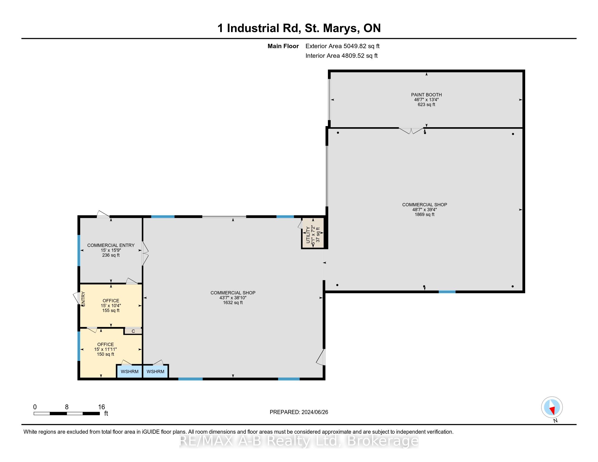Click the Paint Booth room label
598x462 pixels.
click(x=426, y=95)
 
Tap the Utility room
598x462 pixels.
click(x=313, y=233)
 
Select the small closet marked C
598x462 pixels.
click(x=133, y=331)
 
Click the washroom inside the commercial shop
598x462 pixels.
click(x=155, y=372)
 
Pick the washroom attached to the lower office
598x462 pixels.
click(x=129, y=372)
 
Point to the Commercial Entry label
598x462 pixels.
click(x=111, y=245)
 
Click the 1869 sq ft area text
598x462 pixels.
click(x=424, y=214)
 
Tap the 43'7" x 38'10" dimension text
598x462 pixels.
click(x=233, y=298)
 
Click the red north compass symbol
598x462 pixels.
click(x=552, y=407)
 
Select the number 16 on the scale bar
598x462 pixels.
click(x=102, y=407)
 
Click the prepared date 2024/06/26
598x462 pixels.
click(x=314, y=412)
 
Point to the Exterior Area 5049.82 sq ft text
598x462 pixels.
click(x=342, y=46)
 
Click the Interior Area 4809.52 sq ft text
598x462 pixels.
click(x=341, y=55)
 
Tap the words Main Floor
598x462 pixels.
click(x=283, y=46)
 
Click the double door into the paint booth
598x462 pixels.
click(x=411, y=130)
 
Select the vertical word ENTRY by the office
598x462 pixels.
click(x=83, y=299)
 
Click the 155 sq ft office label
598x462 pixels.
click(x=111, y=310)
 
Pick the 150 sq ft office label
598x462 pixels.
click(x=105, y=354)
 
